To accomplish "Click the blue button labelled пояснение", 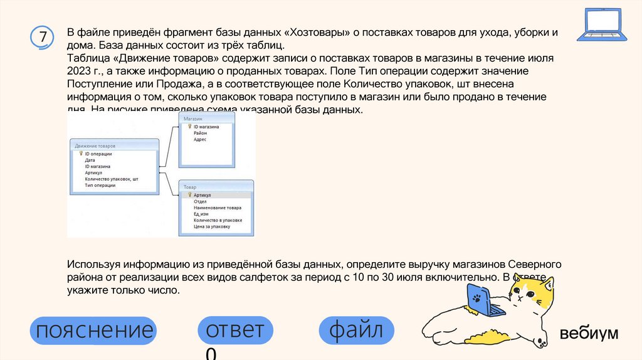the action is click(94, 331).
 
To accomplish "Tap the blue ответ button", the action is click(235, 331).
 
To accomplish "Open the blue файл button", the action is click(356, 331).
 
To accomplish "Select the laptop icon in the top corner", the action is click(603, 25).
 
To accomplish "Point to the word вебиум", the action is click(589, 333).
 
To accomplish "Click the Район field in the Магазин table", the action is click(200, 133).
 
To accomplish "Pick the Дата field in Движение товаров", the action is click(90, 160).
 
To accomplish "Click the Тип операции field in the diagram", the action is click(100, 185).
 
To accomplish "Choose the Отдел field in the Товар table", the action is click(200, 201).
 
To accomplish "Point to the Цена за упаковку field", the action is click(212, 226).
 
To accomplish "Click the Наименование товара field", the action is click(217, 208).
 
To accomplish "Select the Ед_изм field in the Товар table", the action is click(201, 214).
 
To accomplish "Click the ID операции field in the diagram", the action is click(98, 154).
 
